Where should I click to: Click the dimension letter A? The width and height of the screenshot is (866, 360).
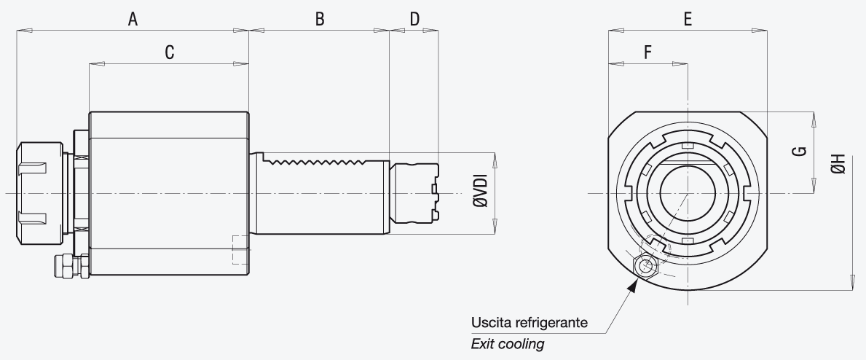[133, 20]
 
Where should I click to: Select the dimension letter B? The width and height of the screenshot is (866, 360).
[319, 20]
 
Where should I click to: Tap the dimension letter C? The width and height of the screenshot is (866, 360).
[170, 52]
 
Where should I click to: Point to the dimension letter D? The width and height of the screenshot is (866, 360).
[414, 20]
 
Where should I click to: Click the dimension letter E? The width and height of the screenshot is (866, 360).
[688, 20]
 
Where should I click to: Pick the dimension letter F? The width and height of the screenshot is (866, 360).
[647, 52]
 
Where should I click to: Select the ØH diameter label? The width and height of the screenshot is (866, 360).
[838, 164]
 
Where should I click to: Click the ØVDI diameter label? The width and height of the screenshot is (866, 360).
[481, 191]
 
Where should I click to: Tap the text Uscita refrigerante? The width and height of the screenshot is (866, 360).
[529, 322]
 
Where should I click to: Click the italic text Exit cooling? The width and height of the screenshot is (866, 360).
[508, 344]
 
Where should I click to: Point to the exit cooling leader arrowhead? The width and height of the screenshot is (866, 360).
[633, 285]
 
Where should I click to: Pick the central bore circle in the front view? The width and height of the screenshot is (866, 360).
[688, 193]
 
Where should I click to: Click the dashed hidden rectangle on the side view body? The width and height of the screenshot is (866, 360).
[241, 249]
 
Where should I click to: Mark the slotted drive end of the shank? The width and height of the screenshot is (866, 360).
[414, 193]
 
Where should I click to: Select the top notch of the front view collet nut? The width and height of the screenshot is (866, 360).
[688, 146]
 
